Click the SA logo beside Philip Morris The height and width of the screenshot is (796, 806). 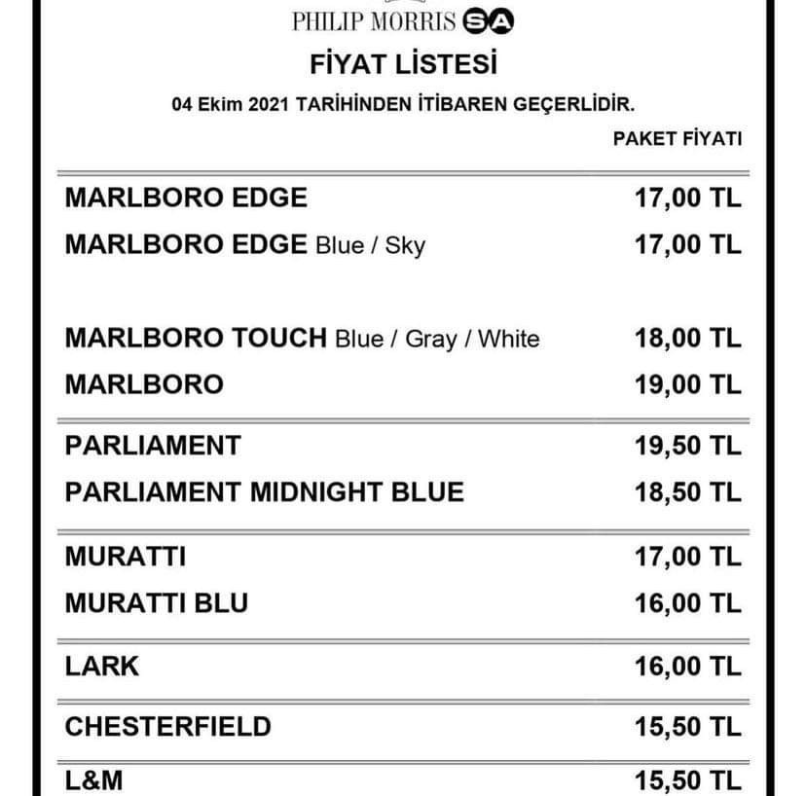coord(490,21)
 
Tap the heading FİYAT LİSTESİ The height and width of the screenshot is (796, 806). coord(403,65)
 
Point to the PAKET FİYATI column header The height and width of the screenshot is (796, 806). coord(677,139)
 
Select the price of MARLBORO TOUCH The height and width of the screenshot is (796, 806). coord(687,339)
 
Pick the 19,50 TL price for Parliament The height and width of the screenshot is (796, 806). coord(687,446)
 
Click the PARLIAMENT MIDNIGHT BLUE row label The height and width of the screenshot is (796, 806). coord(264,491)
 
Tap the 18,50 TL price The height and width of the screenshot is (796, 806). coord(687,491)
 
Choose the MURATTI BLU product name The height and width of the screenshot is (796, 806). coord(156,603)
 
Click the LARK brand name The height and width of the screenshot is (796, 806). coord(102,667)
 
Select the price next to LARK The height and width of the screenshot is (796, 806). coord(687,667)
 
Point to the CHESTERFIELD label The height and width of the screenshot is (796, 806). coord(167,726)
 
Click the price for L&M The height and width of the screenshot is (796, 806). coord(687,780)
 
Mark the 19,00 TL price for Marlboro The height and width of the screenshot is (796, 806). coord(687,384)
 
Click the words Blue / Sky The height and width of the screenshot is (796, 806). coord(370,245)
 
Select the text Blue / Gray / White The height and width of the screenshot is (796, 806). coord(436,340)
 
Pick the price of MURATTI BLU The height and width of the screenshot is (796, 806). coord(687,603)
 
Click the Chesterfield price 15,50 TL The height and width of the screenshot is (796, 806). coord(687,726)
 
